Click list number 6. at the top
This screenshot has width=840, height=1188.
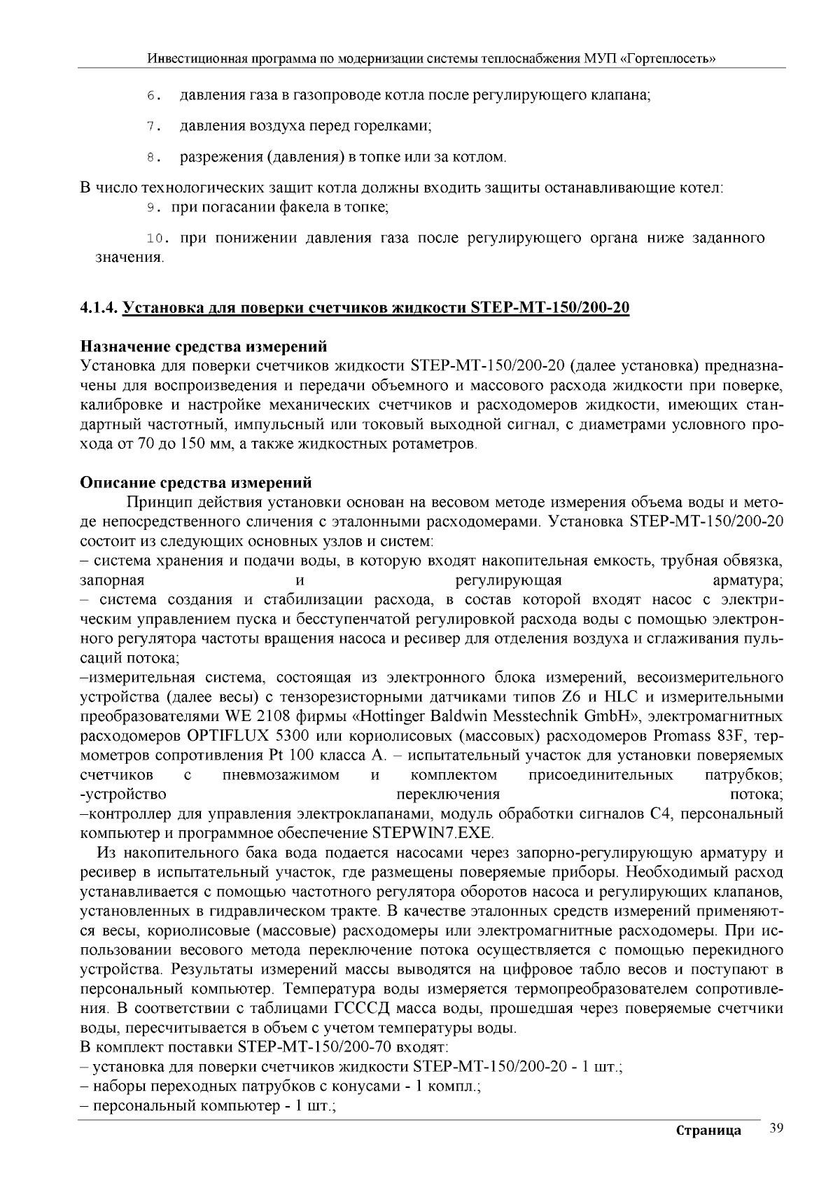(x=154, y=95)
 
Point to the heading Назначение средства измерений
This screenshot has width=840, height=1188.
(x=204, y=347)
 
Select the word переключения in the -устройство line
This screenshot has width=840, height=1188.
(x=448, y=795)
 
